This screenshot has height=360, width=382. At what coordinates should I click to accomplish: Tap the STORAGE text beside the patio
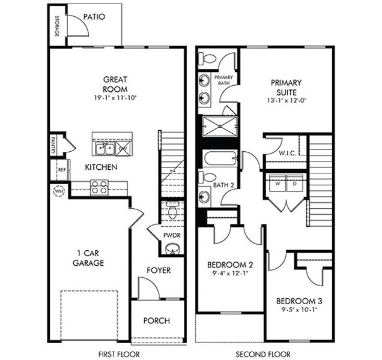57,26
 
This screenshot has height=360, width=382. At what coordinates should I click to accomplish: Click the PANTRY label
52,144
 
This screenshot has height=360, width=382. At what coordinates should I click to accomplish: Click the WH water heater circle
59,191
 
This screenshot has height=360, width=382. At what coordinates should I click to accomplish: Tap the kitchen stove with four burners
99,187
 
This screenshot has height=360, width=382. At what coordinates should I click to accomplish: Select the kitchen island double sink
105,147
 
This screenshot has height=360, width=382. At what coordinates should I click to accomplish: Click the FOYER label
159,270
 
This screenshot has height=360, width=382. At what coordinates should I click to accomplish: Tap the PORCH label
156,320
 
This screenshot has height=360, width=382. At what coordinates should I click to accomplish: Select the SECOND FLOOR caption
262,354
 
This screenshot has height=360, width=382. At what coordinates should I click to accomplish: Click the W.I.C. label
287,153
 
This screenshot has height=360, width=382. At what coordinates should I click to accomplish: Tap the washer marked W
277,184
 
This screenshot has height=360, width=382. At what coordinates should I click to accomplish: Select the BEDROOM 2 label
230,265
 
